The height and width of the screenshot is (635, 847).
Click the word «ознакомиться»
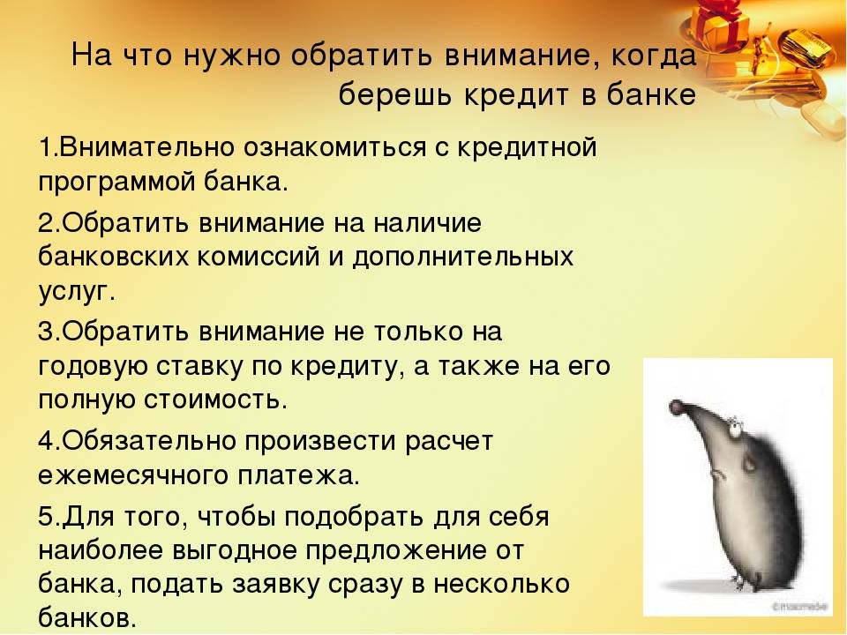click(335, 148)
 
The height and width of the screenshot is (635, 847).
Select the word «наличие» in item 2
click(427, 223)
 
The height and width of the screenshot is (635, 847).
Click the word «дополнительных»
click(463, 258)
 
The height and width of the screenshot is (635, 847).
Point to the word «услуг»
click(73, 293)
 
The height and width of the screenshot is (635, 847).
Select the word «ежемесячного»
click(133, 476)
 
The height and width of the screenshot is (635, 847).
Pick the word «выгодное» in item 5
click(235, 551)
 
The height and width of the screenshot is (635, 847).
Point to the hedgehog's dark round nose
click(676, 408)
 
